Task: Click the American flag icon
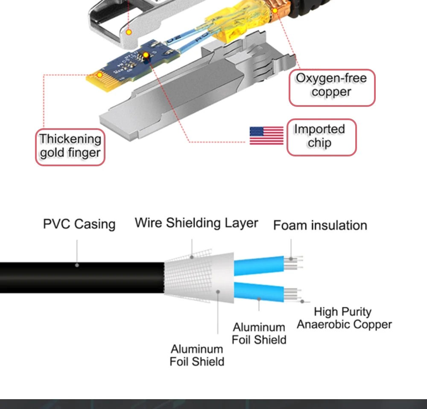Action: [266, 135]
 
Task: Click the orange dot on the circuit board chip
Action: [146, 55]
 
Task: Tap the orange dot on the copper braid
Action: [275, 11]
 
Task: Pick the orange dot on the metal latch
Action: [129, 32]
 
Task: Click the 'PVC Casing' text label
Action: [79, 224]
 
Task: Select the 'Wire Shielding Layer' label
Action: [196, 223]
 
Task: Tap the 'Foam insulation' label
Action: [320, 225]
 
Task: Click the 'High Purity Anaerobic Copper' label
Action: [344, 318]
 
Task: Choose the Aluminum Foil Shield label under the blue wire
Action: [259, 333]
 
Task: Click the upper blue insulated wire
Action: [259, 265]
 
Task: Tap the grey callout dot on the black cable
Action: [77, 265]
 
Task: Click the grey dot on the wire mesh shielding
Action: [192, 257]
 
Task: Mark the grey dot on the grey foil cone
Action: [218, 291]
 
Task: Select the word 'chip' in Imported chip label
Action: [319, 143]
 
